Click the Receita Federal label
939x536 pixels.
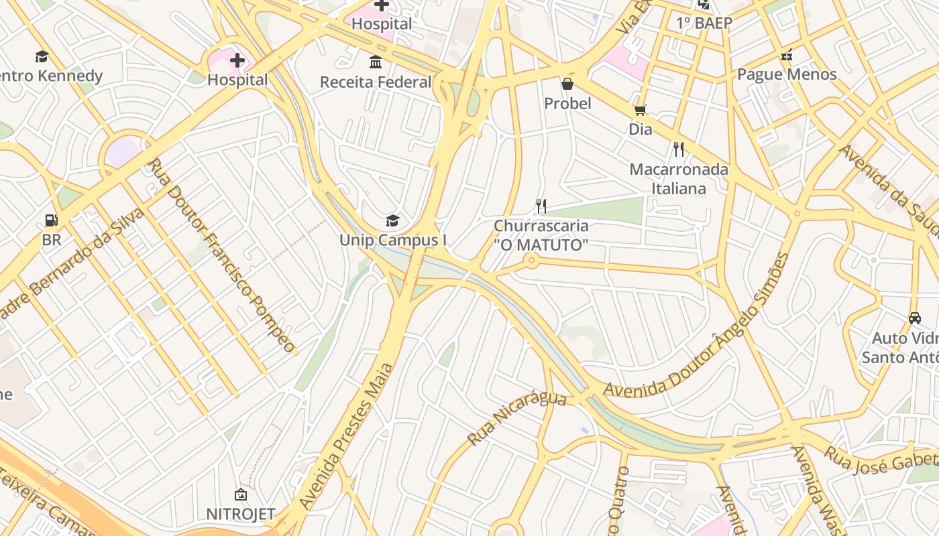click(x=376, y=82)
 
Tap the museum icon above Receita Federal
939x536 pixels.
click(x=376, y=62)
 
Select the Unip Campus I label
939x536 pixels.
click(x=393, y=240)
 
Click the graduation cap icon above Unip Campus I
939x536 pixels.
click(x=392, y=220)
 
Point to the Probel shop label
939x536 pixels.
click(x=567, y=104)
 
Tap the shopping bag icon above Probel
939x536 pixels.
click(x=567, y=84)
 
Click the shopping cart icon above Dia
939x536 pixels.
click(x=640, y=110)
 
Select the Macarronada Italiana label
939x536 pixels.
click(x=679, y=179)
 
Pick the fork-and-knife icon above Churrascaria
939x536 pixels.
click(x=541, y=206)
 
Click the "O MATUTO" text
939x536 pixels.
click(x=541, y=245)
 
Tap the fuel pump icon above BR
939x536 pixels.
click(x=51, y=220)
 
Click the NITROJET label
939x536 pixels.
click(x=240, y=515)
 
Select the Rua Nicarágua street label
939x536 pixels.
click(x=516, y=418)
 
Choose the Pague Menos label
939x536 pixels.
click(x=787, y=74)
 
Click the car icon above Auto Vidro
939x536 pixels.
click(x=914, y=318)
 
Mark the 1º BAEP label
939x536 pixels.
click(x=704, y=23)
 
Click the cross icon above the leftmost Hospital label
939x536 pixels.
click(x=237, y=61)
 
